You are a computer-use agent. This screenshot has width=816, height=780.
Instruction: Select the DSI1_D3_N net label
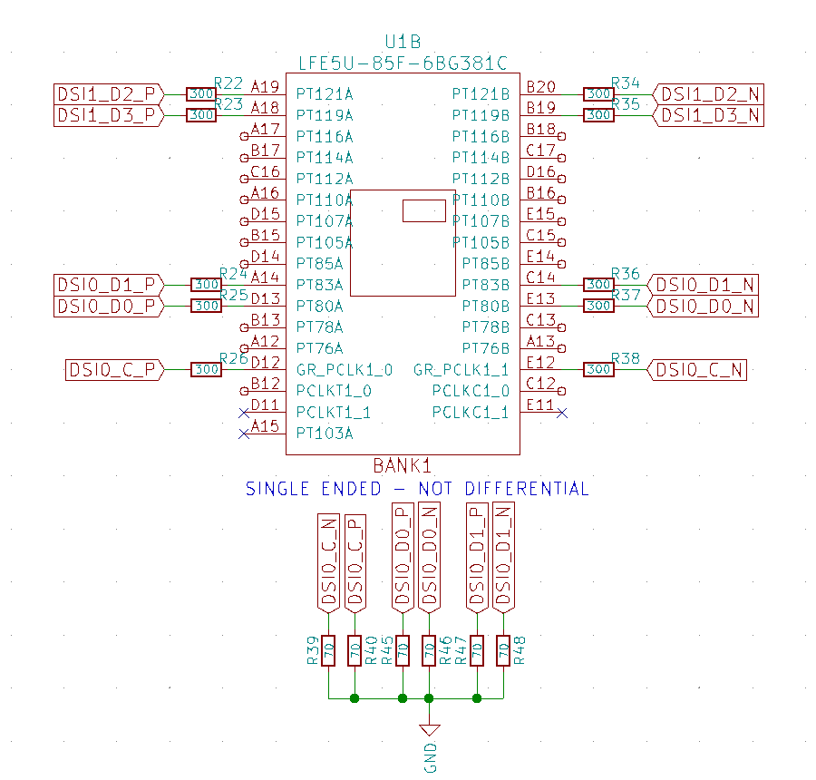click(x=709, y=115)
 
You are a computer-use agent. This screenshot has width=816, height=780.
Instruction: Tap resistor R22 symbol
click(x=200, y=93)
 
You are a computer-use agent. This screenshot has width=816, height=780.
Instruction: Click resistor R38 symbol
click(x=598, y=369)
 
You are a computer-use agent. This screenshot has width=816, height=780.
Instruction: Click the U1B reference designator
click(x=403, y=42)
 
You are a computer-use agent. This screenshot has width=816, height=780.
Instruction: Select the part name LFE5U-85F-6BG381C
click(x=403, y=63)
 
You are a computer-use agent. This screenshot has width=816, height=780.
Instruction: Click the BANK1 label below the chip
click(x=402, y=466)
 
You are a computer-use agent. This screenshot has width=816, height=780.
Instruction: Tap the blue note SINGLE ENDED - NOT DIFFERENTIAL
click(x=417, y=489)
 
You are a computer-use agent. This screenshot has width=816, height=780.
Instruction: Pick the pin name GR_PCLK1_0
click(x=345, y=369)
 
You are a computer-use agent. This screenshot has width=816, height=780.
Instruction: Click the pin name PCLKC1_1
click(x=471, y=412)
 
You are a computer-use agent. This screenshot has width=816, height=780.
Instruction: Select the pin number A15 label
click(x=265, y=426)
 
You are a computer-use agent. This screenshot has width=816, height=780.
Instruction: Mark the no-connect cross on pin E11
click(x=562, y=413)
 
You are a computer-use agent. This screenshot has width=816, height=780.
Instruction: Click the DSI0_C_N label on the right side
click(x=698, y=369)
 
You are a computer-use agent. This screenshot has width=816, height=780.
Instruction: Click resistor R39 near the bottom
click(x=328, y=649)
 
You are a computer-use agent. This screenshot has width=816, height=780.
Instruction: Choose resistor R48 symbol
click(x=502, y=649)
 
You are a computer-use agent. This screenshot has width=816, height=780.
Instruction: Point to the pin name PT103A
click(x=325, y=434)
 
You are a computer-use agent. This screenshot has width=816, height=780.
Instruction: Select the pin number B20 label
click(x=541, y=86)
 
